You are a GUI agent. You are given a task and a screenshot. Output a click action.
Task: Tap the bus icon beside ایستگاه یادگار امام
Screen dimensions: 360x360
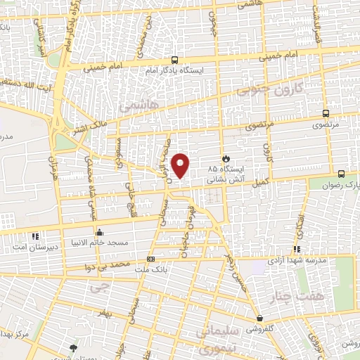click(x=174, y=60)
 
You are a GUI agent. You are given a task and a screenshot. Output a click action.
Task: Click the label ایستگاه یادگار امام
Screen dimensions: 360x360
click(x=174, y=71)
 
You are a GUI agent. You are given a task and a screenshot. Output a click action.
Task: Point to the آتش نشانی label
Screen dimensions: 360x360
click(x=225, y=180)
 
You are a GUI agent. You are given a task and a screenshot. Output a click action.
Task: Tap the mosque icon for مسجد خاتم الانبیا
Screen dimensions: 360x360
click(x=98, y=233)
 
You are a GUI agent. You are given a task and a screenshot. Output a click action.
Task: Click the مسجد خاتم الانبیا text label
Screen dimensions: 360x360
click(x=98, y=243)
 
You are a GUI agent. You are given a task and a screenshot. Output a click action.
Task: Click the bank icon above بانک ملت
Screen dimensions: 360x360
click(x=149, y=259)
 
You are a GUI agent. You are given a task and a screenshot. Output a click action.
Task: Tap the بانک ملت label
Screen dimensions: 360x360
click(x=149, y=269)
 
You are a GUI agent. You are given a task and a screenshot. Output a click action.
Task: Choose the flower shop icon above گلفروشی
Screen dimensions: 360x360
click(x=259, y=319)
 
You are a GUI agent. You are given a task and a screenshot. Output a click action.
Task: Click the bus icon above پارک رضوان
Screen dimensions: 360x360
click(x=341, y=174)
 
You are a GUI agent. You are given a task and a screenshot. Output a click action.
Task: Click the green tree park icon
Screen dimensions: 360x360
click(x=73, y=347)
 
